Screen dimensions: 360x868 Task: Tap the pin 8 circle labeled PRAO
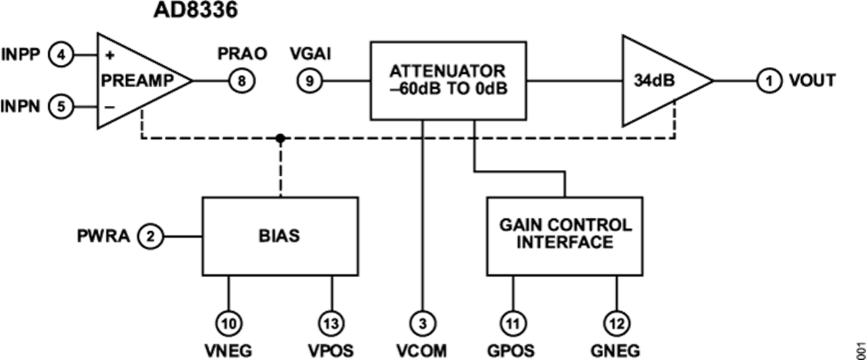[241, 81]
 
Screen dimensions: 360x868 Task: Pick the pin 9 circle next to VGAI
[309, 81]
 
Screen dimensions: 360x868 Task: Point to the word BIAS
[280, 235]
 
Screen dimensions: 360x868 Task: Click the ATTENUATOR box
[448, 81]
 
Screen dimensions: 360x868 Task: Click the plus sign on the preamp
[110, 55]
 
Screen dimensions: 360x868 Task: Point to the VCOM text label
[423, 351]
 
